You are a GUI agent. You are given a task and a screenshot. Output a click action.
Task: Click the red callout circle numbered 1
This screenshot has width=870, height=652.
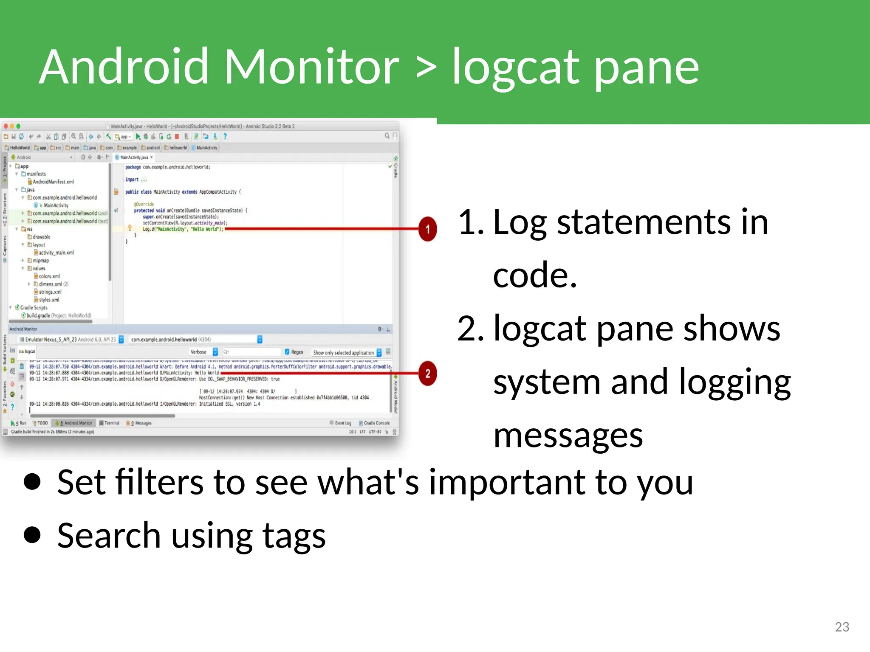coord(427,229)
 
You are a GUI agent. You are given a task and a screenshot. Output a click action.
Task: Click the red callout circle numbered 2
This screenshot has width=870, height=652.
coord(427,374)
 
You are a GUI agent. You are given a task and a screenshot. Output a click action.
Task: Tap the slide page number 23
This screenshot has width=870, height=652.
coord(842,627)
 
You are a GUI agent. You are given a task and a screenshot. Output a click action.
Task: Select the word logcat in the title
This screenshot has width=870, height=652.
coord(515,67)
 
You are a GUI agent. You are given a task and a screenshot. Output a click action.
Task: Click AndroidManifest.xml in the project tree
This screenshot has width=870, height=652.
coord(53,182)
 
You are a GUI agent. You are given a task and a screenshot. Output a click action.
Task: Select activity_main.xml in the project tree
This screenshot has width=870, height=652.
coord(56,253)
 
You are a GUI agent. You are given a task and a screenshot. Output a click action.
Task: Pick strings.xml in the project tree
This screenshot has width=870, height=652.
coord(50,292)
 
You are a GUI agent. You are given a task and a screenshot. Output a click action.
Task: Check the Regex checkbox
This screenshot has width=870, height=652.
coord(288,352)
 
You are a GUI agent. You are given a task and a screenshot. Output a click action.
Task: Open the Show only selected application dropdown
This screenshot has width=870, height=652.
coord(347,353)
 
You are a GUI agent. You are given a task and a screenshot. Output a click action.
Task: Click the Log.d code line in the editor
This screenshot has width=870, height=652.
coord(183,229)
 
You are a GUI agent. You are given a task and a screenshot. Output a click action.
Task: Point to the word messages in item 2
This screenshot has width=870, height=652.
coord(568,436)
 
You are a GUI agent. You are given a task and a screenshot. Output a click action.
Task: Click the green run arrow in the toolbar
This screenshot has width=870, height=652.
coord(138,137)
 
